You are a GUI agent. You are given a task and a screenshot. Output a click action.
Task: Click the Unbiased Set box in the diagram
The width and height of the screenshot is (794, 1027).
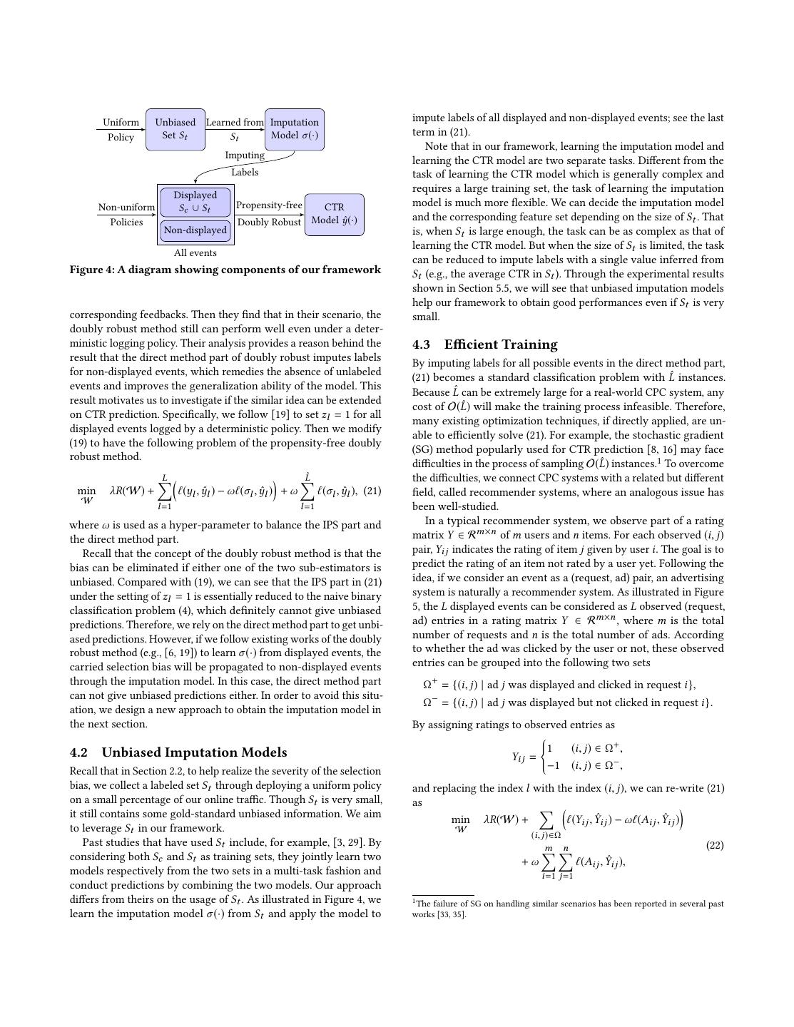click(x=175, y=129)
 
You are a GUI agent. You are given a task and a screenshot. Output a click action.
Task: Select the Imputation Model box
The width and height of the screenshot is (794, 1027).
click(x=294, y=129)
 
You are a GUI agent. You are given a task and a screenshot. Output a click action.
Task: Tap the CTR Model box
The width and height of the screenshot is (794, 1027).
click(x=334, y=214)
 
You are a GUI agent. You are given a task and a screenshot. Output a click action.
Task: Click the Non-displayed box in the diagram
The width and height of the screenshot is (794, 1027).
click(x=195, y=230)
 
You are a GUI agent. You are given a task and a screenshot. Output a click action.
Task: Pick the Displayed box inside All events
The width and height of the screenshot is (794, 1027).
click(x=195, y=202)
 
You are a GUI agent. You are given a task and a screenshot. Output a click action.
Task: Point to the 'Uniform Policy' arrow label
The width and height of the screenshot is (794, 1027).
click(x=121, y=129)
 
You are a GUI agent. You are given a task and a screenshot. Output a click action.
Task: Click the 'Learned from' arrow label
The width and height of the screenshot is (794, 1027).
click(x=235, y=123)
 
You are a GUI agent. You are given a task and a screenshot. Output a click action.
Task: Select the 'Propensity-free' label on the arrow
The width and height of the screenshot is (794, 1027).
click(x=269, y=205)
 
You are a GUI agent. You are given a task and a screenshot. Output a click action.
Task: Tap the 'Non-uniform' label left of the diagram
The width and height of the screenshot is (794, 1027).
click(x=126, y=208)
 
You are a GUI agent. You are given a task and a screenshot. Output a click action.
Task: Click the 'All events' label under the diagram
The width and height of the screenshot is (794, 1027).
click(x=195, y=252)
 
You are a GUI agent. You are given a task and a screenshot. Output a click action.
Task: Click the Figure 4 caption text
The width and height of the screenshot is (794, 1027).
click(x=225, y=270)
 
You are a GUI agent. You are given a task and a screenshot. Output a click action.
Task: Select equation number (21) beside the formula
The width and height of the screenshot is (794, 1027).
click(x=372, y=491)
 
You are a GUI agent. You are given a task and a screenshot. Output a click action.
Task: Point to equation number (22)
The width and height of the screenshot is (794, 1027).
click(x=715, y=845)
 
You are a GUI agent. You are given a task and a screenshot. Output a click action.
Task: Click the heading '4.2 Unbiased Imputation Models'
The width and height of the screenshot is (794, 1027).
click(x=178, y=752)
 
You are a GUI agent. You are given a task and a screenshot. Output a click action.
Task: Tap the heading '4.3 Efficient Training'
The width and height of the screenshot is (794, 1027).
click(x=484, y=344)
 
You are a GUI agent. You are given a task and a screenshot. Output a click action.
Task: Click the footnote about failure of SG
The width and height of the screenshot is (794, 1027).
click(x=568, y=909)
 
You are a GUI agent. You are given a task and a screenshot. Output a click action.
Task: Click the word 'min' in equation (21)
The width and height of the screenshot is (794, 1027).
click(x=86, y=491)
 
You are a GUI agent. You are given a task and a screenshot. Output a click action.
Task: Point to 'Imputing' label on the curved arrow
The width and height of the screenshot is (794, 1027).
click(x=245, y=155)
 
